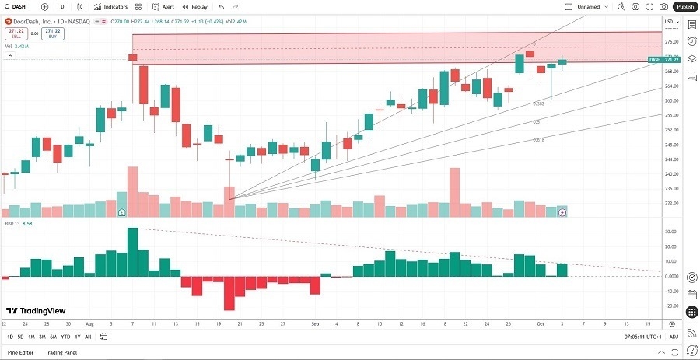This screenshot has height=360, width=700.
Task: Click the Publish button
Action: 685,6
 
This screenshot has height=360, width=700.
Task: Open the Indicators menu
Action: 110,6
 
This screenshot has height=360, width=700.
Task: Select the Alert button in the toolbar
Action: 163,6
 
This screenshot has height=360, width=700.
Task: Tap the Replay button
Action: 196,6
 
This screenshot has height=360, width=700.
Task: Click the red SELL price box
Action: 13,33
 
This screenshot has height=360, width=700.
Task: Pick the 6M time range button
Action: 53,337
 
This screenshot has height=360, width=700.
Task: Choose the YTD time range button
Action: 65,337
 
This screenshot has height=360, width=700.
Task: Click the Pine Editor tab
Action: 21,353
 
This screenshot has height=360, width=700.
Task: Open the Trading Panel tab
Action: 61,353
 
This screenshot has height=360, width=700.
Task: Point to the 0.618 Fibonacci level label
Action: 538,140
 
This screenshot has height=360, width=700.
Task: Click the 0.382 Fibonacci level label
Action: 538,103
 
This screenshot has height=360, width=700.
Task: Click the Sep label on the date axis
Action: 314,323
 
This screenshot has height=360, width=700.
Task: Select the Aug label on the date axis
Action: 89,323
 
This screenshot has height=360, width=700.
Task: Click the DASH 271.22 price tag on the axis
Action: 664,59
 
